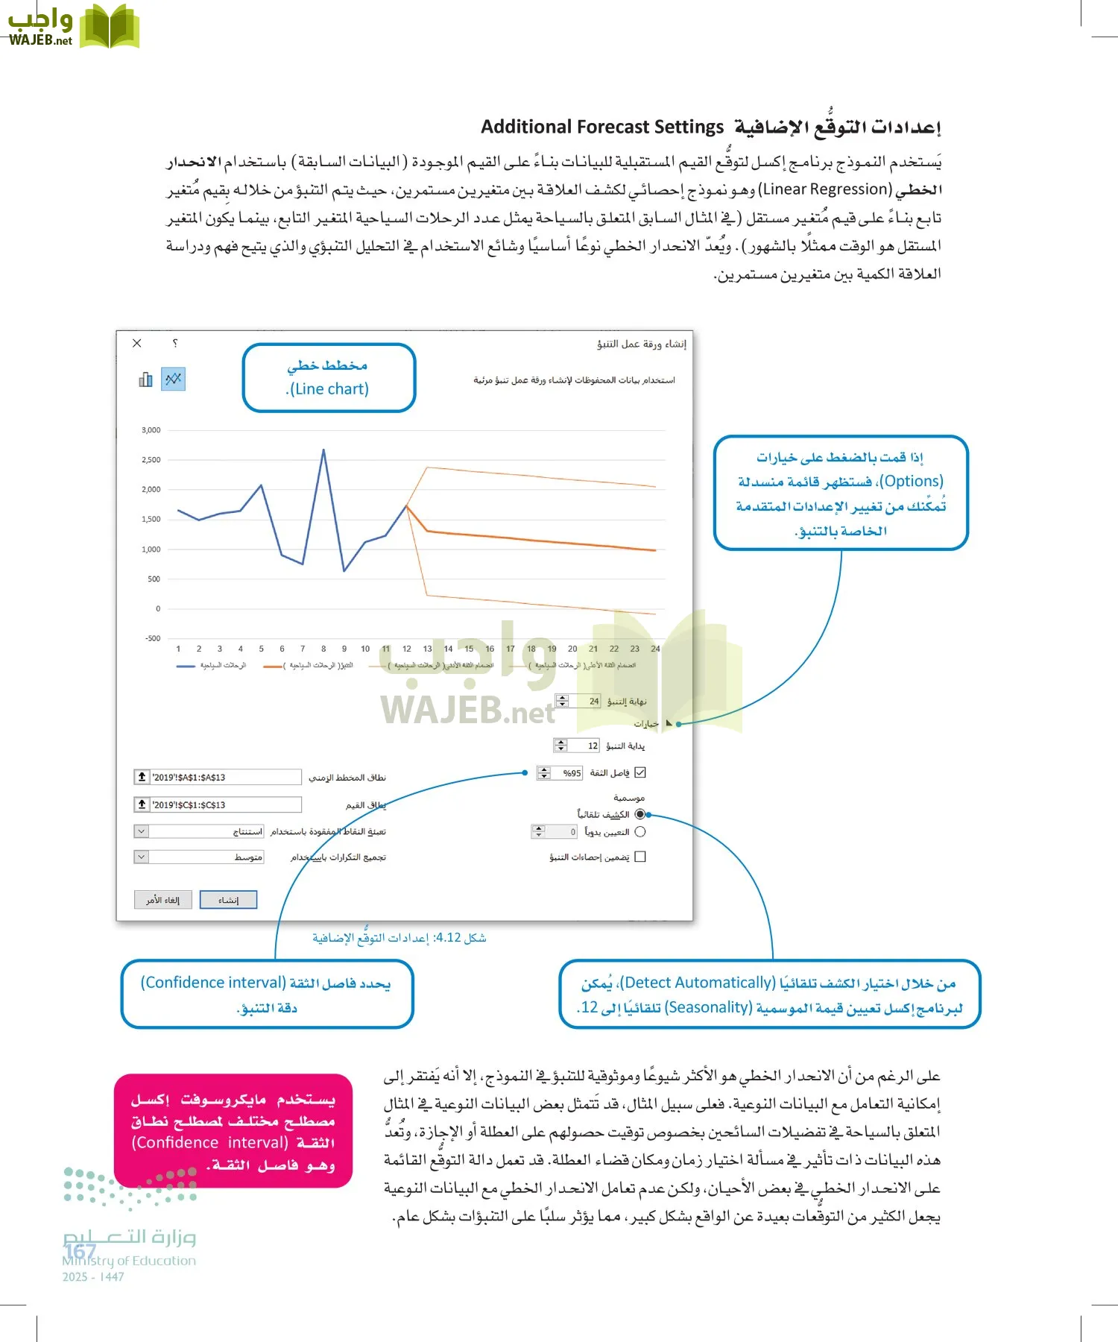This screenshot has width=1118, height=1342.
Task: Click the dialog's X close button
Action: [x=137, y=343]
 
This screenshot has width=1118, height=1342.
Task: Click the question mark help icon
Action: [x=174, y=343]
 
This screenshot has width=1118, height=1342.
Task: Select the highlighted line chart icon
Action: [x=174, y=379]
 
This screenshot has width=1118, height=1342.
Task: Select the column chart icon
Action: [x=146, y=379]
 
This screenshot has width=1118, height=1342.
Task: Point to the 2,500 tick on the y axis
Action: [x=151, y=460]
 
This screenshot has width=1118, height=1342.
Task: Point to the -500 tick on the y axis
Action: [x=152, y=638]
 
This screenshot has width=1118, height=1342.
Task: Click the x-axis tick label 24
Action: [x=655, y=649]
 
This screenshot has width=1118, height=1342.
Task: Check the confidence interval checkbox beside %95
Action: [x=640, y=773]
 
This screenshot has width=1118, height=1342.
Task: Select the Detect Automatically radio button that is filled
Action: [x=640, y=814]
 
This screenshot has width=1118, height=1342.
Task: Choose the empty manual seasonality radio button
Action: [x=640, y=831]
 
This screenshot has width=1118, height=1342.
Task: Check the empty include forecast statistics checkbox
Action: [x=640, y=857]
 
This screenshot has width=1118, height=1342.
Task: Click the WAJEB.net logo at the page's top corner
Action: [x=72, y=27]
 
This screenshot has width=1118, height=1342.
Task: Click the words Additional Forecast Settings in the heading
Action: [x=602, y=127]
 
